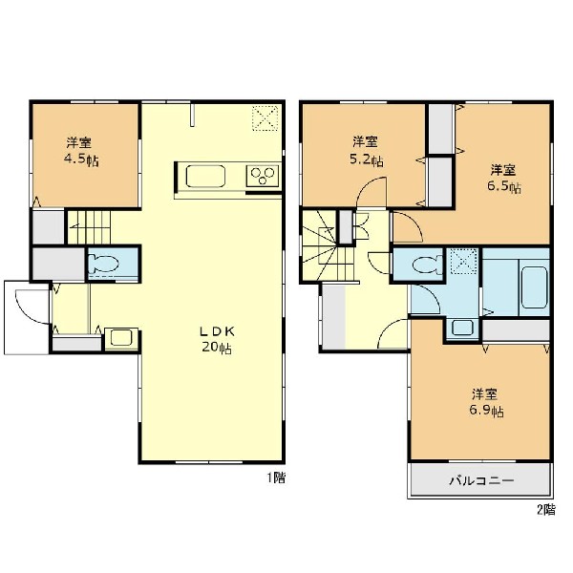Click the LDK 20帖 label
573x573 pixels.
(x=217, y=339)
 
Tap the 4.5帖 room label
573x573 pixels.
(x=81, y=151)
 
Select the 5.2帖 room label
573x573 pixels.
(x=366, y=151)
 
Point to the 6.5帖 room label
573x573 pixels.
(x=503, y=179)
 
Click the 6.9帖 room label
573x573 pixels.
(x=485, y=403)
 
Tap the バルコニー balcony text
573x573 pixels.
(x=481, y=479)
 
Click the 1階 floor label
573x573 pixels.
(x=276, y=477)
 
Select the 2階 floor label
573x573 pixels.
(x=546, y=509)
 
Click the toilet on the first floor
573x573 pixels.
(x=104, y=264)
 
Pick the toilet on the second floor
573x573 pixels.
(x=427, y=265)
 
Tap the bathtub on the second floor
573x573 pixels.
(x=534, y=287)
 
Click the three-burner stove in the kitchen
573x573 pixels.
(x=263, y=176)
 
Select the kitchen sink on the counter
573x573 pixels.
(x=205, y=177)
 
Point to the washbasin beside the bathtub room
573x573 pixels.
(x=462, y=328)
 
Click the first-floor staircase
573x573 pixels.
(x=89, y=227)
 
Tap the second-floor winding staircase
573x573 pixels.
(x=327, y=246)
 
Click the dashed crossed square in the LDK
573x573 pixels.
(x=265, y=117)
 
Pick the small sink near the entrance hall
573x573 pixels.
(x=121, y=338)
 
